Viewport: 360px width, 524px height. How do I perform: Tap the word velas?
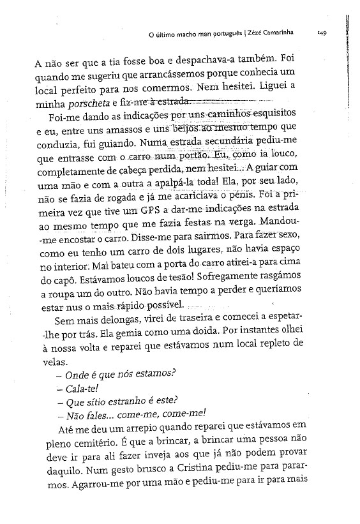48,359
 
